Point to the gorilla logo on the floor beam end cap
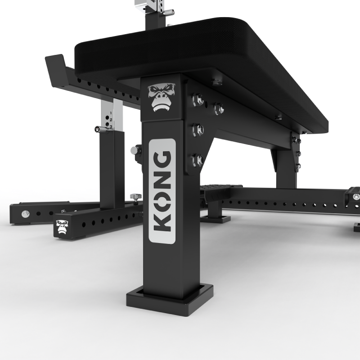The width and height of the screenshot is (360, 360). pyautogui.click(x=61, y=227)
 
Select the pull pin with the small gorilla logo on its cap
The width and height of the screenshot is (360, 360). pyautogui.click(x=98, y=130)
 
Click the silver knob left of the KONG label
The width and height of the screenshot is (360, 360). pyautogui.click(x=134, y=150)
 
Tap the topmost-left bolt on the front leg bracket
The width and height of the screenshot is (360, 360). pyautogui.click(x=197, y=99)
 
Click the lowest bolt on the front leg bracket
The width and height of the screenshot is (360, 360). pyautogui.click(x=197, y=160)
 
